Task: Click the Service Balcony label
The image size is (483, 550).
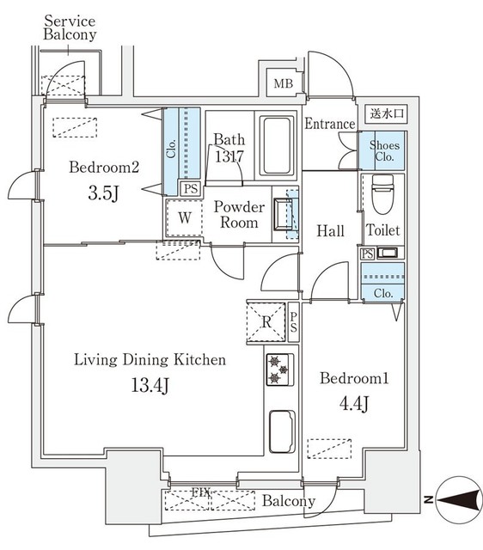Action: (x=70, y=27)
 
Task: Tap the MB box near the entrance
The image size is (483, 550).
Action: (x=282, y=83)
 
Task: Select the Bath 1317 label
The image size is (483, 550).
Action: (x=229, y=149)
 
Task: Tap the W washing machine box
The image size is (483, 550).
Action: (x=184, y=217)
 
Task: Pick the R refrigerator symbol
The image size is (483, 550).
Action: (x=266, y=322)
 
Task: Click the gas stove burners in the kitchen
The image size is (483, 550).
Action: (x=279, y=370)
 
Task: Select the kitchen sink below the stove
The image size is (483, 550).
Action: (x=281, y=426)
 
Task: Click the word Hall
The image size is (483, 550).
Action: (x=330, y=231)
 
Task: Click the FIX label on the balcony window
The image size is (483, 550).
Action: (x=200, y=492)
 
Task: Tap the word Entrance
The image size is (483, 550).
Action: (x=330, y=124)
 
